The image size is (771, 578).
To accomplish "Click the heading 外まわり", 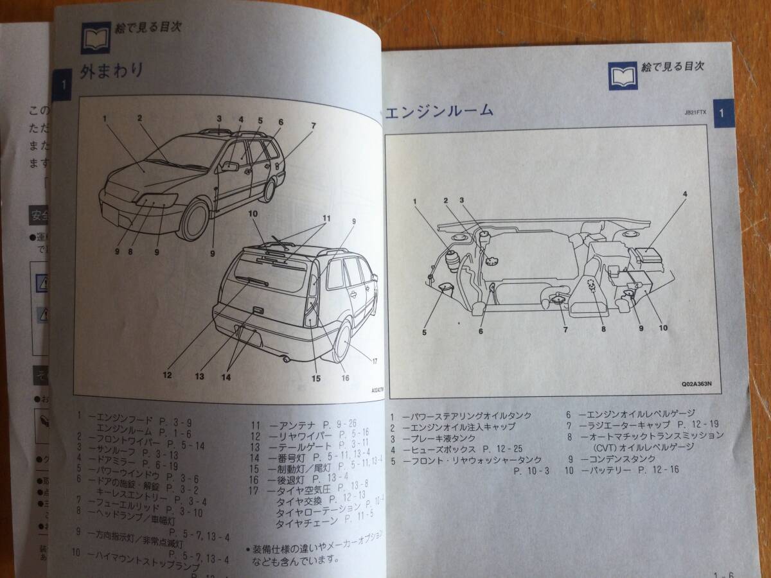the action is [x=111, y=71].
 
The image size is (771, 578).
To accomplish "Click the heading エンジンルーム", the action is [x=439, y=110].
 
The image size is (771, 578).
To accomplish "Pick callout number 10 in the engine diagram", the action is [x=663, y=328].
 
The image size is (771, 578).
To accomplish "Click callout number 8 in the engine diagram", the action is [x=603, y=329].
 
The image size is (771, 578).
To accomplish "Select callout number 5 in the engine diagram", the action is [x=425, y=332].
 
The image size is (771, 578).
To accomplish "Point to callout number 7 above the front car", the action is [x=314, y=126].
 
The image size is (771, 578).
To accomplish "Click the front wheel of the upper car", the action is [x=194, y=220].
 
